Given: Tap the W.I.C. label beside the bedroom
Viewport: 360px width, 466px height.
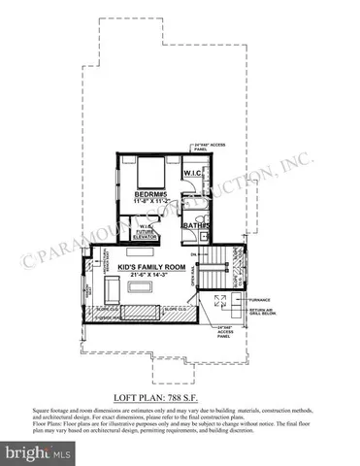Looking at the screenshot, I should [191, 173].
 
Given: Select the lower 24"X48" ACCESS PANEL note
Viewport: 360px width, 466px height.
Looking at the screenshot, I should [225, 332].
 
